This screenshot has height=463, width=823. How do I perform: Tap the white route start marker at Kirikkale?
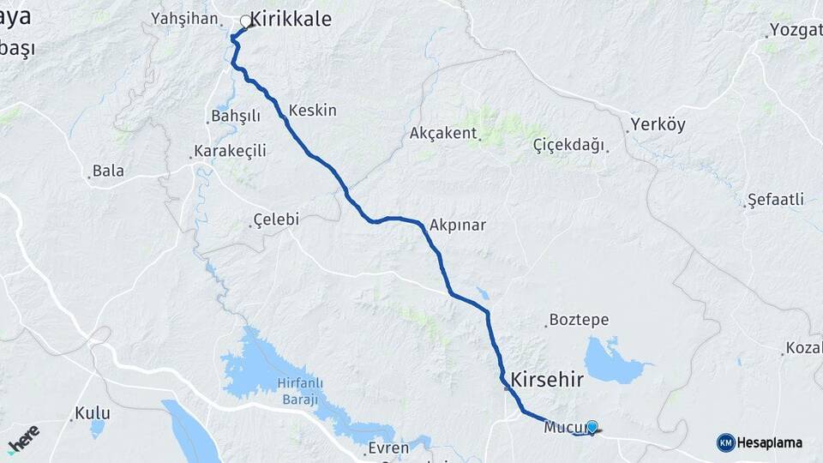(x=247, y=21)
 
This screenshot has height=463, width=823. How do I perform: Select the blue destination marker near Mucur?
(x=592, y=426)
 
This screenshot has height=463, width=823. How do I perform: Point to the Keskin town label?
(x=313, y=111)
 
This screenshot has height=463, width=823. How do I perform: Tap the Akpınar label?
(x=458, y=225)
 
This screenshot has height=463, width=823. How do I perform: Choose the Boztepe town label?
(x=580, y=320)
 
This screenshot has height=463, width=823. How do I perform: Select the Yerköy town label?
(x=658, y=124)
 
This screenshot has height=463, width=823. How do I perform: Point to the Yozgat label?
(x=796, y=30)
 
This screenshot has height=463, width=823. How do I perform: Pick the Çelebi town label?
(x=276, y=219)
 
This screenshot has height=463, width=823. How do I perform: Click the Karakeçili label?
(x=231, y=151)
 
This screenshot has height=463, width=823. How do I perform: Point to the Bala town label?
(x=108, y=171)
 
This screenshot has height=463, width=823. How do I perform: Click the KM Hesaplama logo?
(x=760, y=442)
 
